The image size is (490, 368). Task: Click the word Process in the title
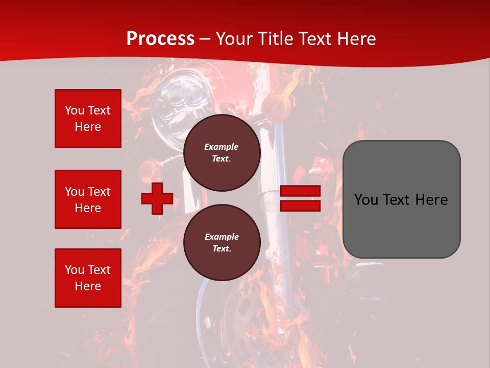[160, 39]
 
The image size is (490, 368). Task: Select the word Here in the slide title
[356, 39]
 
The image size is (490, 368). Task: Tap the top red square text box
[88, 119]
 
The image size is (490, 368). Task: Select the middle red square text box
[88, 199]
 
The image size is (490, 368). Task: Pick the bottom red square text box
[88, 278]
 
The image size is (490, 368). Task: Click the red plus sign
[157, 198]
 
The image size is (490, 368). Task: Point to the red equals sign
[300, 198]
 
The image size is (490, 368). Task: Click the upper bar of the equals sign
[300, 191]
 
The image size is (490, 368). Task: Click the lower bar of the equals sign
[300, 205]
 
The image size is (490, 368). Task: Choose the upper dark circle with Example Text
[222, 153]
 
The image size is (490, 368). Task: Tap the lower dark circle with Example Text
[222, 243]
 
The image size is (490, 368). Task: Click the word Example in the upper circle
[222, 147]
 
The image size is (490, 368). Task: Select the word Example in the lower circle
[222, 237]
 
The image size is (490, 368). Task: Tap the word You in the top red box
[74, 110]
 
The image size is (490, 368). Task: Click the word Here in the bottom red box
[88, 286]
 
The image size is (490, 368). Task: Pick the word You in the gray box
[366, 200]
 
